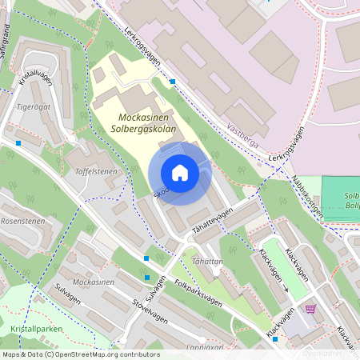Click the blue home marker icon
[x=180, y=173]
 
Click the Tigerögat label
[x=34, y=106]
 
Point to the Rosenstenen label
[x=22, y=221]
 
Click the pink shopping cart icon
[x=310, y=309]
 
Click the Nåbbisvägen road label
[x=306, y=197]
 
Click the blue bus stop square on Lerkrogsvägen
[x=173, y=82]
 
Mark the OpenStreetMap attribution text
[x=81, y=354]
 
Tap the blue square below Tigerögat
[x=18, y=143]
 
